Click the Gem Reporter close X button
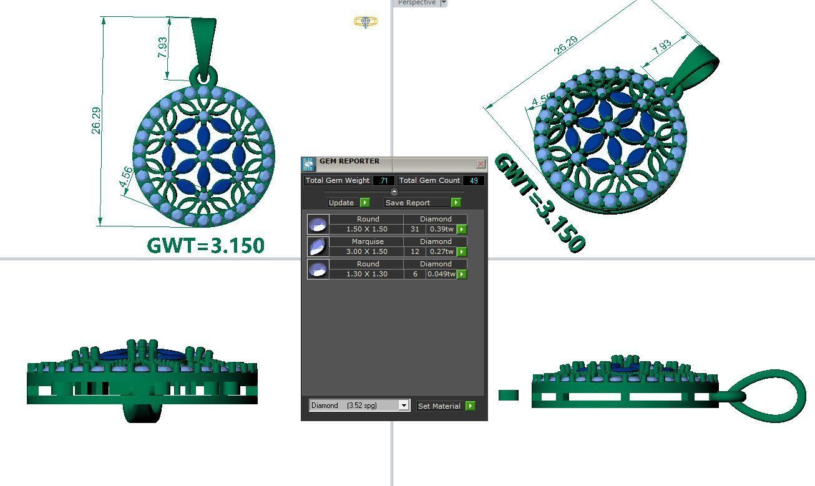(x=481, y=163)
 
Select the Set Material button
(x=445, y=406)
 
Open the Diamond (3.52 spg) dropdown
(x=403, y=406)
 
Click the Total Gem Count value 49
(x=474, y=180)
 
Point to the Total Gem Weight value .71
(x=384, y=180)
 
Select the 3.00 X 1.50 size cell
(x=366, y=251)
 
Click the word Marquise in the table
(x=368, y=241)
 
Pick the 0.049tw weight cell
(x=441, y=274)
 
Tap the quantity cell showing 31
(x=414, y=229)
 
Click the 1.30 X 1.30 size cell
(x=366, y=274)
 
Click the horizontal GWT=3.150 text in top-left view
(x=205, y=245)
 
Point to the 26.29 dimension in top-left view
(x=95, y=120)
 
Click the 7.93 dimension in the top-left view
(x=162, y=48)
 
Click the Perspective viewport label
(x=416, y=2)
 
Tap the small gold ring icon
(x=365, y=22)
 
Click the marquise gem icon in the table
(x=318, y=246)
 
